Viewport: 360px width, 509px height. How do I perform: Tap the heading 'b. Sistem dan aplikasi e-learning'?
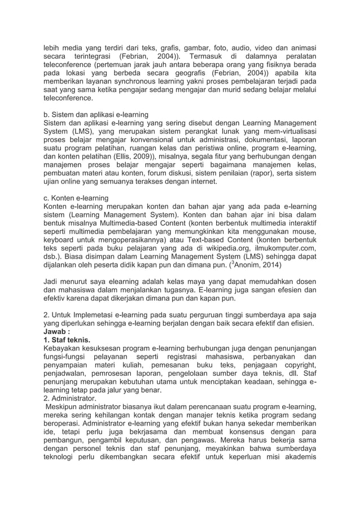pos(96,115)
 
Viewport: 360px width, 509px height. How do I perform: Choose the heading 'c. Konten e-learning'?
pos(76,198)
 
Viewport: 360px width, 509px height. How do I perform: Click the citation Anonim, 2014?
pos(260,264)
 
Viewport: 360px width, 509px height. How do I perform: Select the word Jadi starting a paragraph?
pos(52,281)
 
